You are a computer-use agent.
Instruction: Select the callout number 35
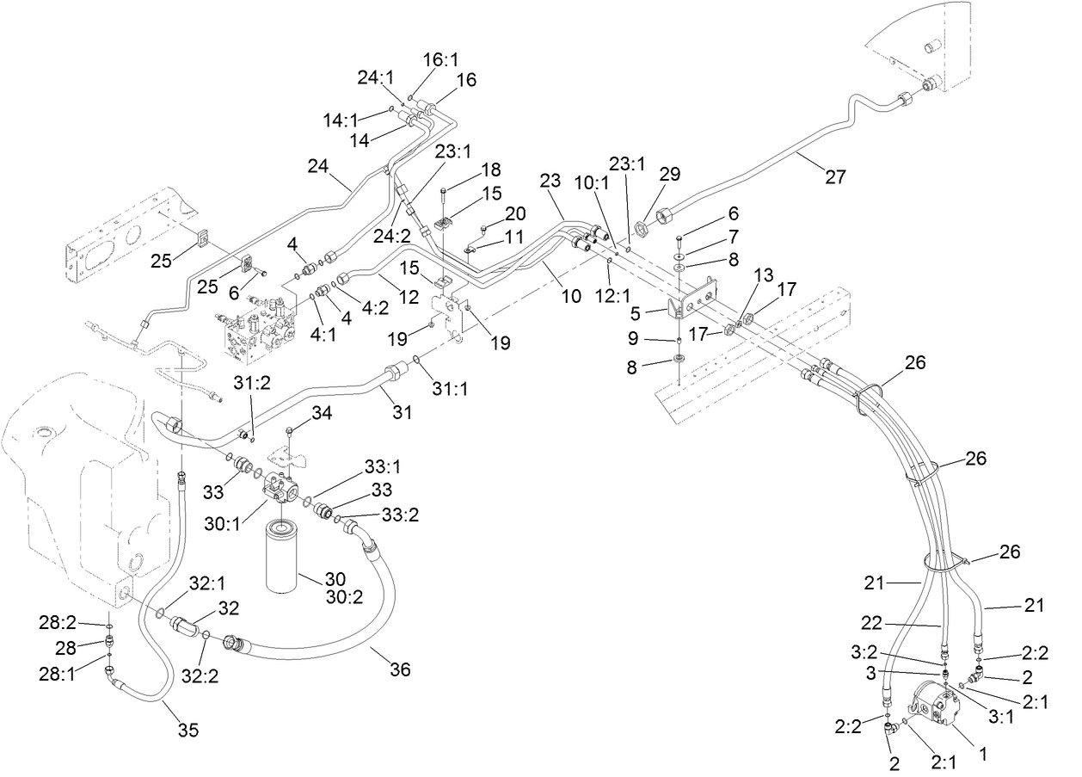coord(188,731)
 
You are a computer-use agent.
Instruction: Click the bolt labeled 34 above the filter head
coord(292,429)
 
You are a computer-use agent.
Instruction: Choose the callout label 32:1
coord(206,583)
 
